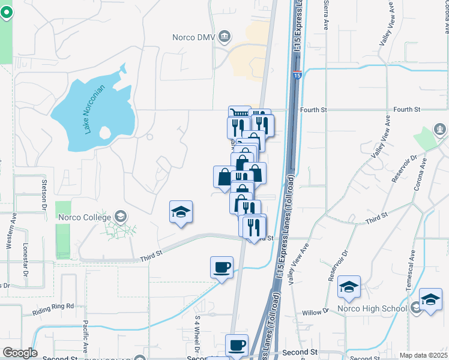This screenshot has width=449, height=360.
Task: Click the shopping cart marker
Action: tap(238, 113)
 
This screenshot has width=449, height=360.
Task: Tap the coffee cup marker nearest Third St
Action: tap(221, 266)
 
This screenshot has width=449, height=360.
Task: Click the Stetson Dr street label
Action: tap(44, 191)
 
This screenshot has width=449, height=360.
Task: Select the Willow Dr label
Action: tap(316, 312)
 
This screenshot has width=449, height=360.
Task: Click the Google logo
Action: tap(20, 353)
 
